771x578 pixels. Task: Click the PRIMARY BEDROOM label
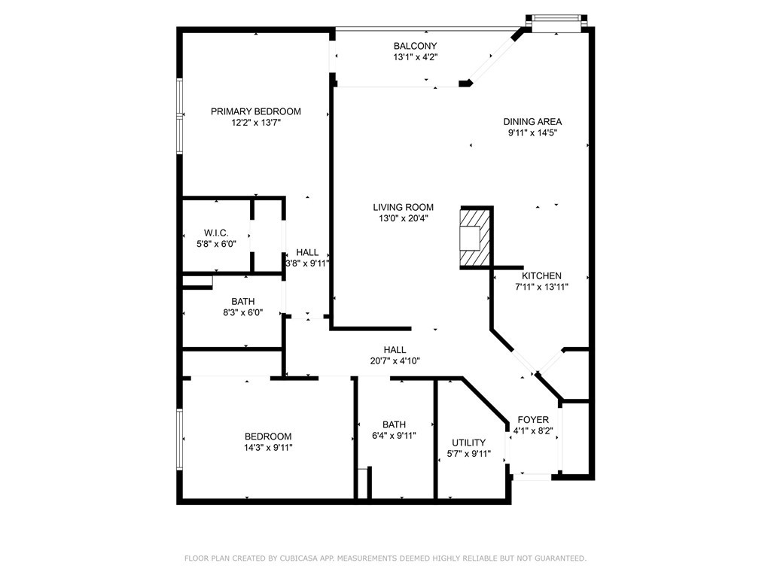point(256,111)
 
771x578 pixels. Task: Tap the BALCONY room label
point(415,46)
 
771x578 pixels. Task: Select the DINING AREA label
point(532,122)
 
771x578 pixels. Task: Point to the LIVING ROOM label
point(404,208)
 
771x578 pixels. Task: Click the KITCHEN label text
point(541,276)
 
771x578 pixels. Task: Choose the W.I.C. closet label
point(216,233)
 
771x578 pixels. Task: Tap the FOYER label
point(533,420)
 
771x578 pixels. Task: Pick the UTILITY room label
point(468,443)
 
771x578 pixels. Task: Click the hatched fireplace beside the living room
point(474,237)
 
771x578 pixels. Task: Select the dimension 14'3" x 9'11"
point(269,448)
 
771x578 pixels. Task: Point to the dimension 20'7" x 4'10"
point(395,361)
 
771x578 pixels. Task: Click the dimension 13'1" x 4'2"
point(416,57)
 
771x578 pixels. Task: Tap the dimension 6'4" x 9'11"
point(394,436)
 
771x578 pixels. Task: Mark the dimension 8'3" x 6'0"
point(243,312)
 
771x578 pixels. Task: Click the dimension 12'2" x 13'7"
point(256,123)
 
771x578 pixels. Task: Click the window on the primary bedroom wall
point(179,117)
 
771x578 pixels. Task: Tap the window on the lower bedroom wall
point(179,440)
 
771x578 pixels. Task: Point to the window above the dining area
point(556,19)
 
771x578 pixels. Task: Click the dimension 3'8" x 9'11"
point(307,263)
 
